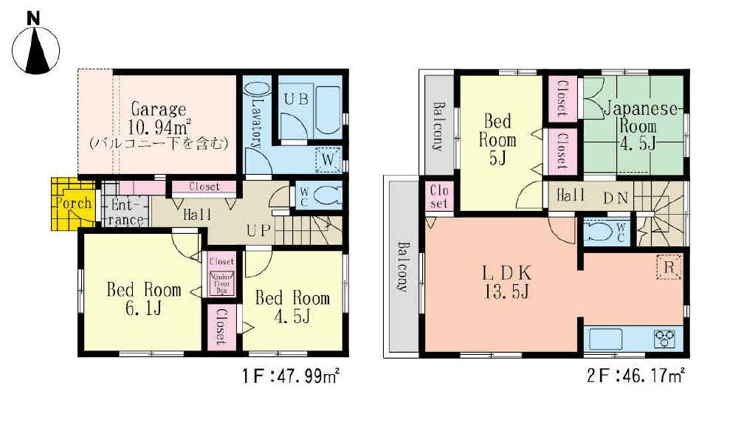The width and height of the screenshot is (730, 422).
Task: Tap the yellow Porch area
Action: point(72,203)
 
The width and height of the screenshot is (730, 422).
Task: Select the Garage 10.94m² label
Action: point(158,120)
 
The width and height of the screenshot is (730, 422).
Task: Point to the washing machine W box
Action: point(328,159)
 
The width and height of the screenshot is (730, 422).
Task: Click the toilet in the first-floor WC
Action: point(325,195)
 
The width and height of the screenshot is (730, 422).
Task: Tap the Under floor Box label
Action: point(221,285)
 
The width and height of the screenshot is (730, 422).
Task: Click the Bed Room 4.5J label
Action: point(292,307)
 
